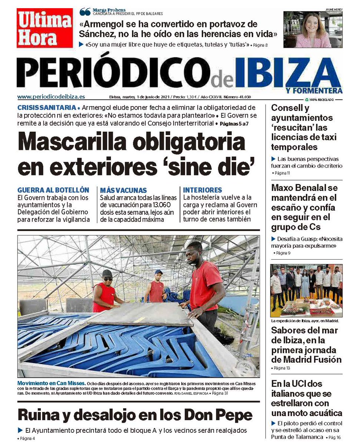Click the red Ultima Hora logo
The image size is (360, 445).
[44, 28]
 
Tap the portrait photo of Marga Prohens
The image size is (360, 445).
[313, 30]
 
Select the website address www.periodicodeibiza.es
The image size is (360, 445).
[51, 97]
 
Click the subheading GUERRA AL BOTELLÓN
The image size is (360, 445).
[53, 190]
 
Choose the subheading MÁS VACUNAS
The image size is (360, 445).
[123, 190]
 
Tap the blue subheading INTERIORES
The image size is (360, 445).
[202, 190]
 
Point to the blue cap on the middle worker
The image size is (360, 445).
[159, 272]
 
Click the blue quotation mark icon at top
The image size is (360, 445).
[85, 12]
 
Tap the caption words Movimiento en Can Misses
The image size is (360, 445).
[52, 383]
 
